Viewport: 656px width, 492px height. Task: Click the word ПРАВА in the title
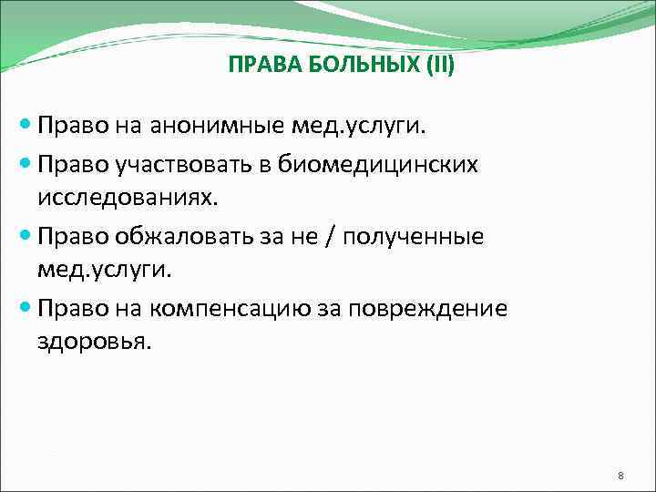pos(255,67)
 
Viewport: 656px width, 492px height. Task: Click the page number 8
pos(620,476)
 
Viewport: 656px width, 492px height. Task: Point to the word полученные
pos(420,236)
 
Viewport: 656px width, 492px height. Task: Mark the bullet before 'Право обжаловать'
pos(24,236)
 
